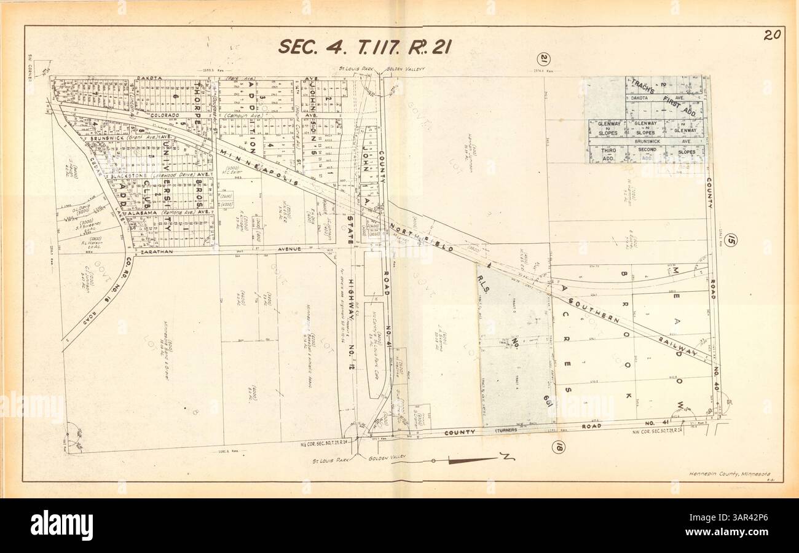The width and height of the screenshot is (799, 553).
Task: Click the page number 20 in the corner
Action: (773, 35)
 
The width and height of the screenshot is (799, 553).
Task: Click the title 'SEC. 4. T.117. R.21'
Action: (365, 47)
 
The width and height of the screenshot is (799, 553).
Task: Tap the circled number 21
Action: (543, 60)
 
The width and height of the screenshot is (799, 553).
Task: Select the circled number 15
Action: (730, 240)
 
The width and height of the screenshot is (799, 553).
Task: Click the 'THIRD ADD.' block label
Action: (608, 154)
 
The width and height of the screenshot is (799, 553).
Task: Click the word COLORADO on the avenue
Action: (165, 115)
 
